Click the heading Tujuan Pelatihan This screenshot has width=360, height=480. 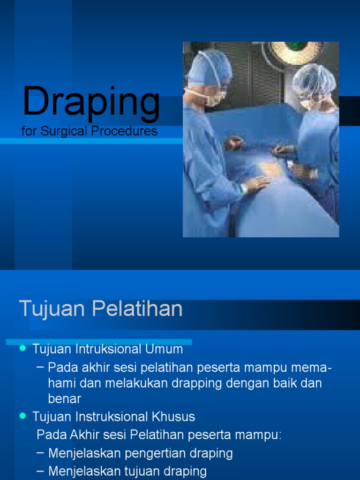pyautogui.click(x=100, y=309)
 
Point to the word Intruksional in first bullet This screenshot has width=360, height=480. pyautogui.click(x=105, y=349)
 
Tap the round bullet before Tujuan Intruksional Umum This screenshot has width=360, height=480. pyautogui.click(x=22, y=349)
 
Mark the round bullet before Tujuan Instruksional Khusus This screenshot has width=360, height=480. pyautogui.click(x=22, y=416)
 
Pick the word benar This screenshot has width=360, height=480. pyautogui.click(x=65, y=399)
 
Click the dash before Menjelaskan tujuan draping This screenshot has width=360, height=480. pyautogui.click(x=40, y=471)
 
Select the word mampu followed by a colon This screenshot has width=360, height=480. pyautogui.click(x=262, y=435)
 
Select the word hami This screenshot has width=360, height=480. pyautogui.click(x=61, y=383)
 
